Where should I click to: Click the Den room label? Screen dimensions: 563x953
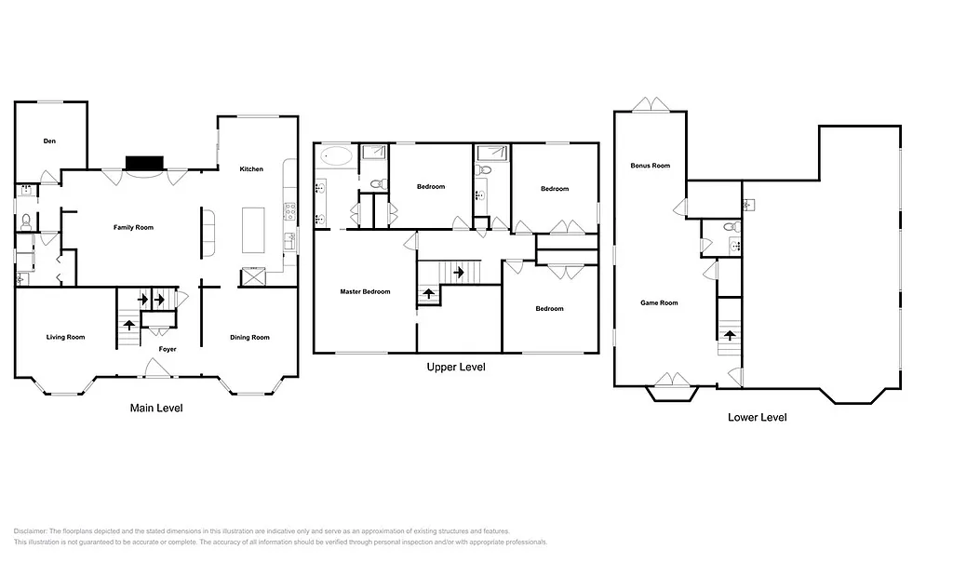pos(50,141)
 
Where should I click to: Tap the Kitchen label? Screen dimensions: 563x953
pos(251,169)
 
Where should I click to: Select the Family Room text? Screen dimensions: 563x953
pos(133,227)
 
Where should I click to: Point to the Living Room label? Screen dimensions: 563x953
pos(65,337)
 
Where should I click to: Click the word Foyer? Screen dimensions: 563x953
pos(166,349)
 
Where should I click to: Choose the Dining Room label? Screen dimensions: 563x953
pos(249,337)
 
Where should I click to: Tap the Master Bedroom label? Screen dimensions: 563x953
pos(365,292)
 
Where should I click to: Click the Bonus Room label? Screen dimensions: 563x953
pos(650,166)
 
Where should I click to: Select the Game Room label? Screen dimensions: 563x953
pos(659,302)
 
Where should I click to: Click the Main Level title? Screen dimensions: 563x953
pos(156,408)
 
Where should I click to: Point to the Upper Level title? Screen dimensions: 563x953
pos(455,367)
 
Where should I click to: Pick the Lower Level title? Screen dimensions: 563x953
pos(757,417)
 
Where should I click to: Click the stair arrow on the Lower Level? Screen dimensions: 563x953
pos(730,334)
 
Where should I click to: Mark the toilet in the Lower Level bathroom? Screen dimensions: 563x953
pos(731,226)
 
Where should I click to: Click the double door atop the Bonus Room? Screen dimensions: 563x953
pos(651,104)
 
